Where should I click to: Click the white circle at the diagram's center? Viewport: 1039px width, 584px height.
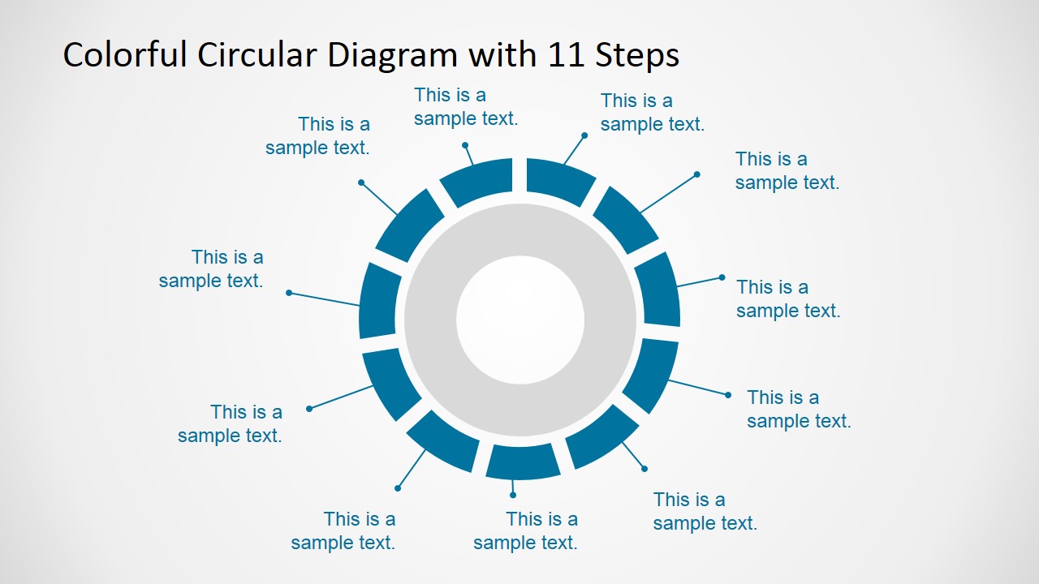(519, 320)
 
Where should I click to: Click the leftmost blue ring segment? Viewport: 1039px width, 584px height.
(379, 301)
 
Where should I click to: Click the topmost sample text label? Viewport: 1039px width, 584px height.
(465, 107)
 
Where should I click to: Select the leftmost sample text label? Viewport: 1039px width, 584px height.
(211, 269)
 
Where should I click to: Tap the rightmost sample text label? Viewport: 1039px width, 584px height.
(799, 409)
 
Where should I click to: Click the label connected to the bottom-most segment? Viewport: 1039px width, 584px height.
(525, 531)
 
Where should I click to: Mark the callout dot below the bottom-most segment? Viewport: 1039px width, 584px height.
(513, 495)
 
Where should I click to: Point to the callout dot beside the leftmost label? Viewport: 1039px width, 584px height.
(289, 293)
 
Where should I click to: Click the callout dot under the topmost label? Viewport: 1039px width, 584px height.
(465, 145)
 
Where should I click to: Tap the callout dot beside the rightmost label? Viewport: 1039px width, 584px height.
(728, 395)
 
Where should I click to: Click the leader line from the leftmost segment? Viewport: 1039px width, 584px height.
(325, 299)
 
